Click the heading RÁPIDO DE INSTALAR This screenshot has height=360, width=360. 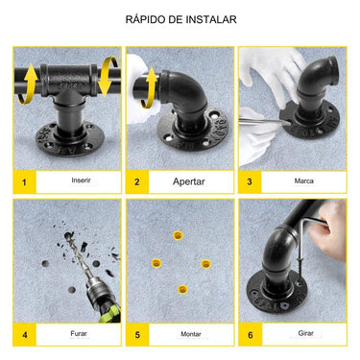point(180,19)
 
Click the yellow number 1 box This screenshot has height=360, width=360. point(24,181)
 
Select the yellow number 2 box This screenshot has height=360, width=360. point(137,181)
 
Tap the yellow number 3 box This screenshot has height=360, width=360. point(250,181)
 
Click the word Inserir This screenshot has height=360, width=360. point(82,180)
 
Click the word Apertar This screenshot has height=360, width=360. point(189,180)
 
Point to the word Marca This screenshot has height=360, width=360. point(303,180)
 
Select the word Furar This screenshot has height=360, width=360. point(79,333)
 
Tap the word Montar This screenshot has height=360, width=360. point(191,333)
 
